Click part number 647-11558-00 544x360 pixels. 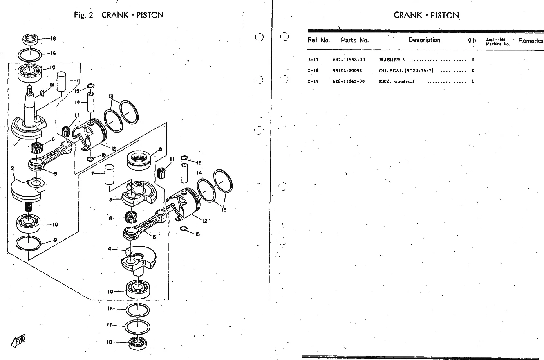[349, 60]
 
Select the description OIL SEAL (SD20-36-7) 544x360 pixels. [406, 70]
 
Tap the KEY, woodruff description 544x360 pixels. [397, 81]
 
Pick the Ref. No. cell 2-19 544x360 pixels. [313, 81]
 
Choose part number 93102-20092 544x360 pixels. [347, 70]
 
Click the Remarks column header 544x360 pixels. [531, 40]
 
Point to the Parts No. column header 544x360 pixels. [355, 40]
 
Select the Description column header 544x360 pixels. [424, 40]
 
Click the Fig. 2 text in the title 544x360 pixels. [84, 15]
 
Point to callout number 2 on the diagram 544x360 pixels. [13, 168]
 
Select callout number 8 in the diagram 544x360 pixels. [160, 149]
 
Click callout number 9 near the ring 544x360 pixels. [56, 240]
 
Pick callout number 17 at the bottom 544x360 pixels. [110, 325]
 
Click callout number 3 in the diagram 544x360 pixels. [110, 199]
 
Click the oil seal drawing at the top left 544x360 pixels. [31, 40]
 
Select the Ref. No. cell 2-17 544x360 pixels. [313, 60]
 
